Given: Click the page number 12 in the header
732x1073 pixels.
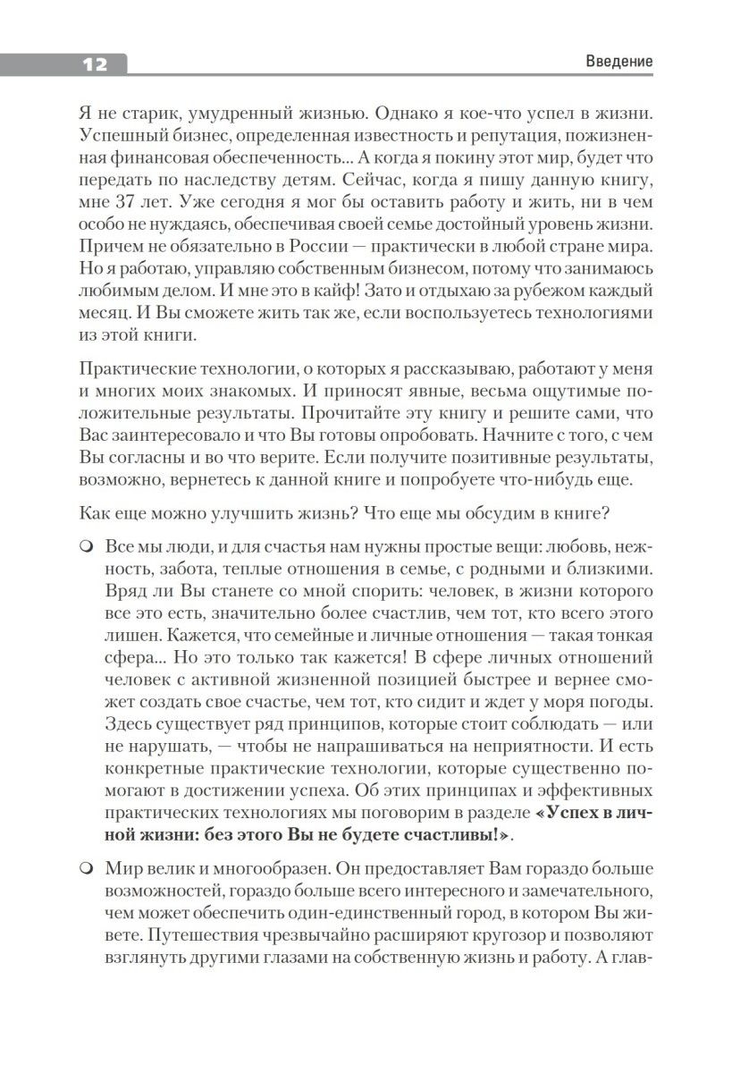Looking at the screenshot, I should coord(94,63).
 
